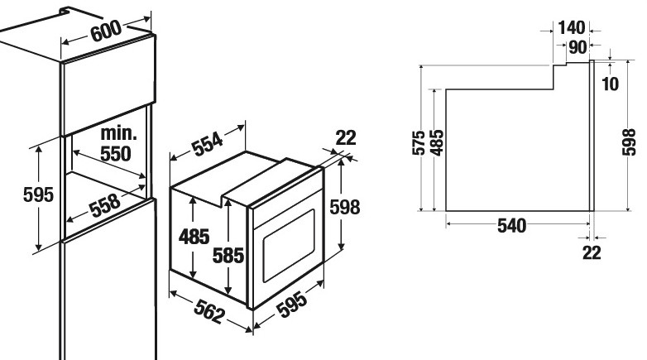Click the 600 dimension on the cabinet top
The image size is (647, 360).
click(106, 31)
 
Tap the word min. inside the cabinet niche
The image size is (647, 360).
click(119, 133)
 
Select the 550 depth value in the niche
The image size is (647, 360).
click(116, 153)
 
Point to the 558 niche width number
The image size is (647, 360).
click(106, 204)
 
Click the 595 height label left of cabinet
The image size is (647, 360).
click(38, 194)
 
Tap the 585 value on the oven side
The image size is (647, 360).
click(228, 255)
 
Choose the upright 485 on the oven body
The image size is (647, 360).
click(194, 237)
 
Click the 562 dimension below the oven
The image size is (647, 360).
click(209, 311)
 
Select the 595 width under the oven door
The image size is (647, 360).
click(291, 305)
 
